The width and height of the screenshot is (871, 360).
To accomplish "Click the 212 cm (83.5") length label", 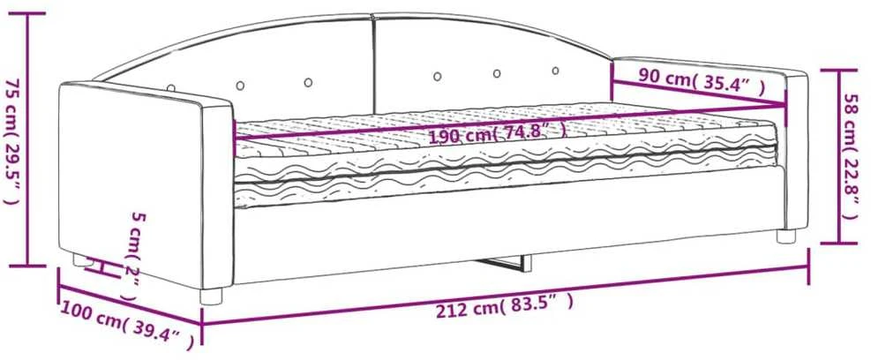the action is pyautogui.click(x=503, y=307).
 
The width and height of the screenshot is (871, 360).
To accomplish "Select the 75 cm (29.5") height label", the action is pyautogui.click(x=12, y=141).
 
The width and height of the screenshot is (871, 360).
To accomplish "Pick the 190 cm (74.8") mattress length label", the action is pyautogui.click(x=497, y=135).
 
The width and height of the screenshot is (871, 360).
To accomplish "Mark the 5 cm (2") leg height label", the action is pyautogui.click(x=133, y=256).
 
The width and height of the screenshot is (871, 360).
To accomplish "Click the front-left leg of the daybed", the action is pyautogui.click(x=211, y=296).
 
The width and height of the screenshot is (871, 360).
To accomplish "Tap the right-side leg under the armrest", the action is pyautogui.click(x=786, y=236).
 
